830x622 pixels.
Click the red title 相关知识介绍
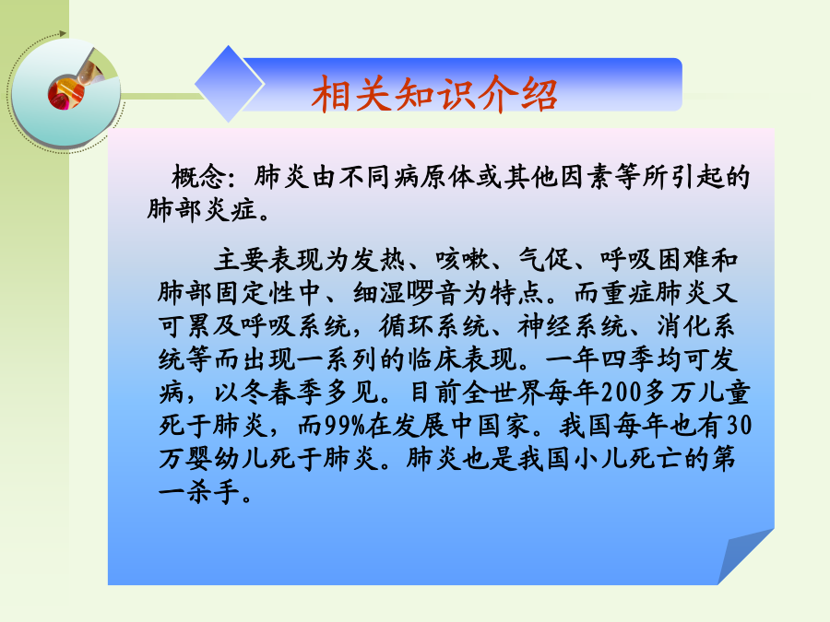click(434, 94)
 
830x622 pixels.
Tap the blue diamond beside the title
click(229, 84)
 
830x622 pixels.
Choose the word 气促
click(546, 260)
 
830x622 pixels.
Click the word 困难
click(684, 260)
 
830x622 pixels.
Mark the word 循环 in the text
click(407, 326)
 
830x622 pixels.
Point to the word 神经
click(545, 326)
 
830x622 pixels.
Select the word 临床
click(434, 359)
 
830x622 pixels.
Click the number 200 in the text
click(622, 393)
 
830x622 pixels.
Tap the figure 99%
click(345, 425)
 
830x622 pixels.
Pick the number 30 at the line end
click(739, 425)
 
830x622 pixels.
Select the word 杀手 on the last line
click(213, 491)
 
